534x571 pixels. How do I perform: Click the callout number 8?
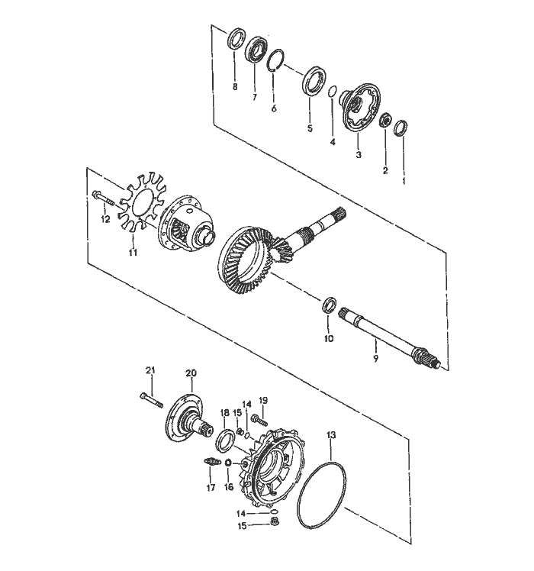[235, 87]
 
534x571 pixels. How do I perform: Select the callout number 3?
[358, 154]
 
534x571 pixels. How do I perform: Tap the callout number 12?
[106, 219]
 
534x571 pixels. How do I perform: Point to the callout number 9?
[375, 356]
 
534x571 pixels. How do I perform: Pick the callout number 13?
[330, 435]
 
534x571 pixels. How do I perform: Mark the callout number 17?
[211, 488]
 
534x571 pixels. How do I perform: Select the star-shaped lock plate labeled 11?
[137, 206]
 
